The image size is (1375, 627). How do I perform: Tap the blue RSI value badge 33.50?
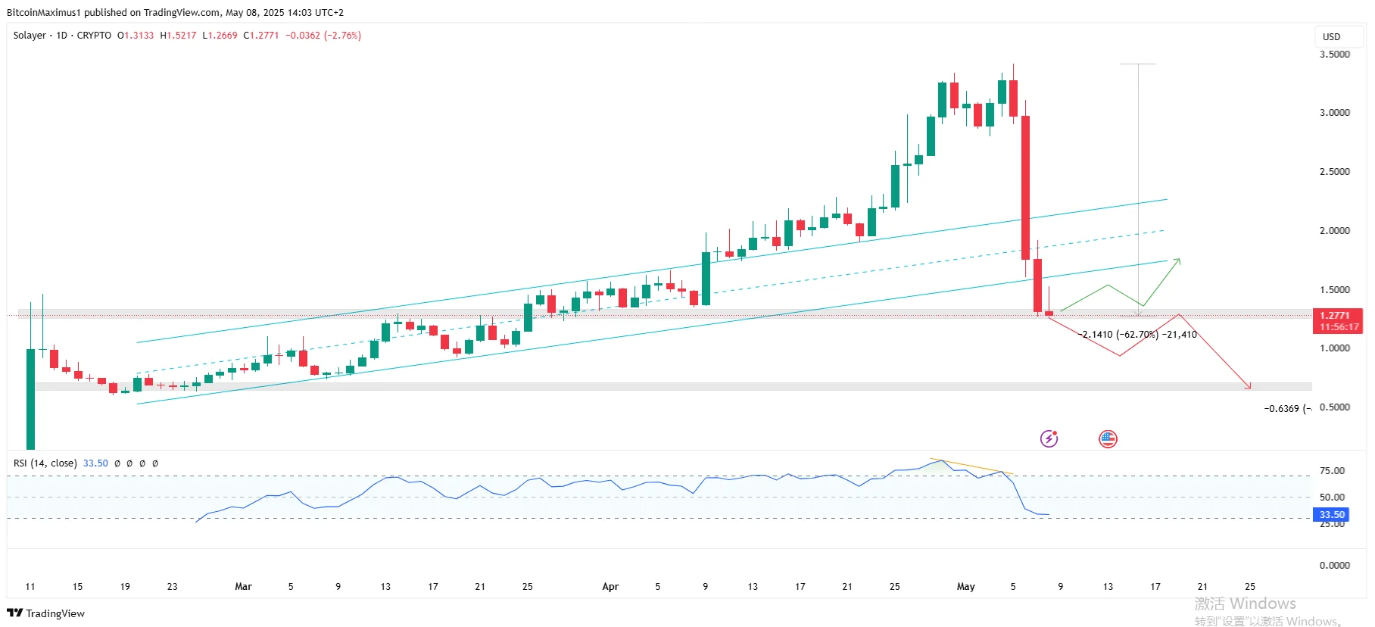coord(1331,515)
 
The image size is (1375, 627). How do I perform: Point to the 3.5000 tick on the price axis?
coord(1334,55)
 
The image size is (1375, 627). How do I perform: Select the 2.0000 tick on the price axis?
coord(1334,231)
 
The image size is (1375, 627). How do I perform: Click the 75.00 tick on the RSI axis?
coord(1332,471)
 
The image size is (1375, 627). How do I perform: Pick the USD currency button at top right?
coord(1331,36)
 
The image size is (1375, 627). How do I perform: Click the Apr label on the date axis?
coord(610,587)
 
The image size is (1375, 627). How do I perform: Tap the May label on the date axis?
coord(965,587)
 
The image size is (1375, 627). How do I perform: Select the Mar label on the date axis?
coord(243,587)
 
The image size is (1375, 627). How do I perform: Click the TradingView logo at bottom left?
coord(45,613)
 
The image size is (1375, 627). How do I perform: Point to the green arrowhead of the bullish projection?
coord(1178,261)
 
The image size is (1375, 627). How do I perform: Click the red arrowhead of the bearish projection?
coord(1249,387)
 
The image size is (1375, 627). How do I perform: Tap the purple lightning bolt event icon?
coord(1049,438)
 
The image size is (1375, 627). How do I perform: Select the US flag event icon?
coord(1108,438)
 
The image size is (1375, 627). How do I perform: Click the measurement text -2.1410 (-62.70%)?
coord(1118,335)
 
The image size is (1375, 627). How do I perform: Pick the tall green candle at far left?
coord(30,398)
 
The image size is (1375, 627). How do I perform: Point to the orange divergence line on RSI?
coord(972,466)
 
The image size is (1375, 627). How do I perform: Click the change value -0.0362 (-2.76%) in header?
coord(323,36)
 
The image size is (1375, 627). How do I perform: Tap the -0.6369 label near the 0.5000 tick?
coord(1286,409)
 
